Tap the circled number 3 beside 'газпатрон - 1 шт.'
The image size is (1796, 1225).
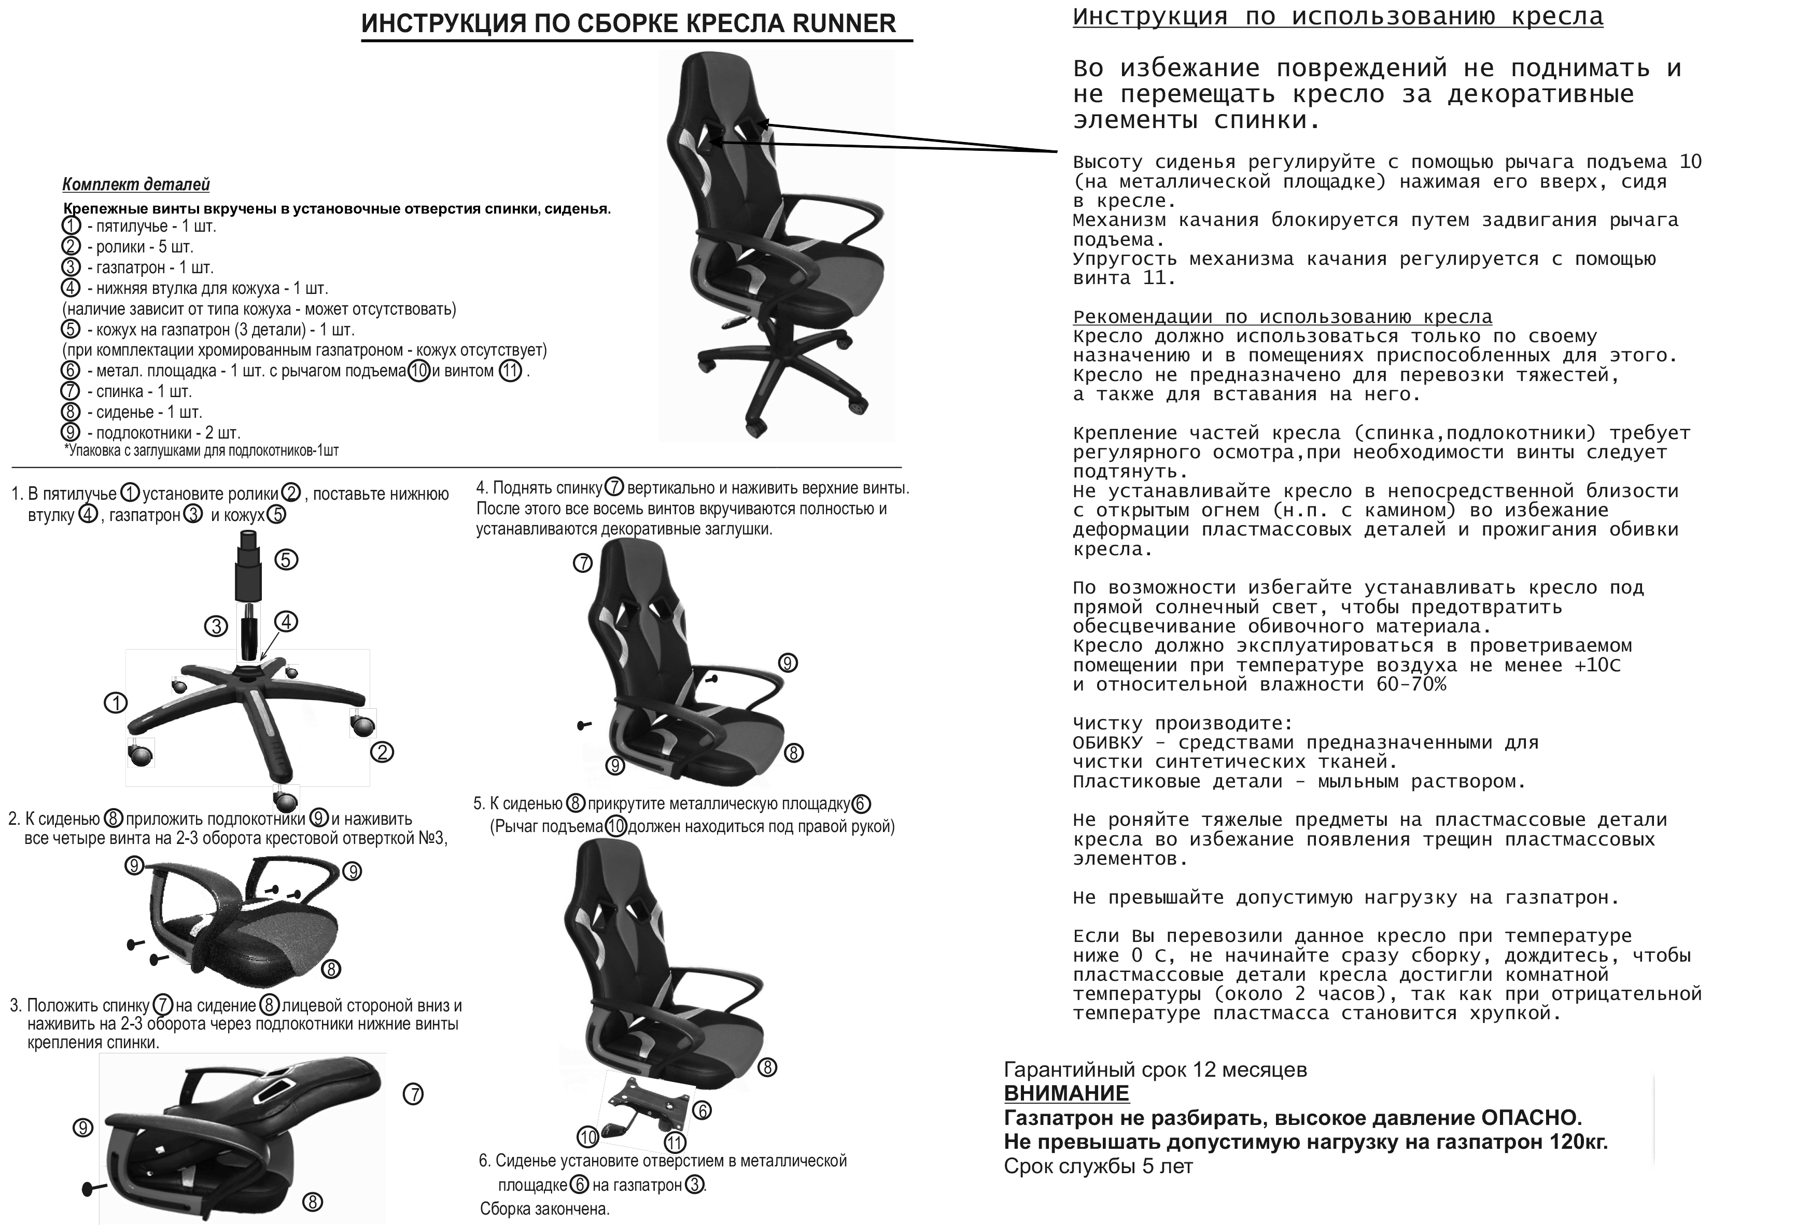(x=71, y=267)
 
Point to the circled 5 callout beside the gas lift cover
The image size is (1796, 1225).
(x=286, y=559)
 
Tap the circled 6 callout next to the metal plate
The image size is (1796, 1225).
(x=701, y=1110)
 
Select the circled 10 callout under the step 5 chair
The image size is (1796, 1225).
(x=588, y=1137)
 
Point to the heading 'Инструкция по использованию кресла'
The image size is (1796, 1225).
(x=1337, y=17)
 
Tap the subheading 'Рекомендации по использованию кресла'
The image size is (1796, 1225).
(x=1282, y=317)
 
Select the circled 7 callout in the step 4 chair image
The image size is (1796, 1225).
(x=583, y=564)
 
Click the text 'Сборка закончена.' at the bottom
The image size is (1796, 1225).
(x=545, y=1209)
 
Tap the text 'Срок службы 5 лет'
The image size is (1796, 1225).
(x=1098, y=1166)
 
